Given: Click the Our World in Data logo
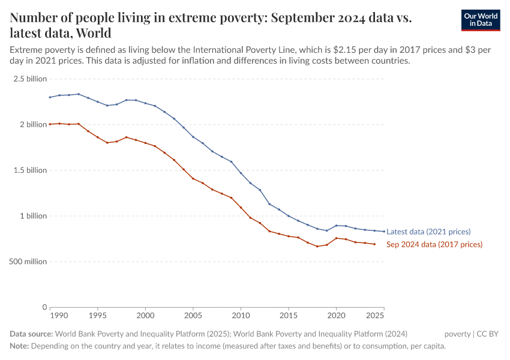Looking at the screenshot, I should [x=480, y=20].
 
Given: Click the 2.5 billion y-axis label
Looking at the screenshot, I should [x=29, y=79].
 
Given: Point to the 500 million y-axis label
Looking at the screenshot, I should [x=28, y=262].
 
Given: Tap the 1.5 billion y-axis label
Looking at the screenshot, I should [x=29, y=170].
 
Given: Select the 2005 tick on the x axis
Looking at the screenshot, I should [x=193, y=315].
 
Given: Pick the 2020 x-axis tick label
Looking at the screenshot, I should [x=336, y=315].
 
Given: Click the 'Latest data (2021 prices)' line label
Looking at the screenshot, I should [x=428, y=232].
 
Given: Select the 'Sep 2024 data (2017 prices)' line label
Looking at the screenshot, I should [x=434, y=244].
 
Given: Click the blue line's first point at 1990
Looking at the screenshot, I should [x=50, y=97].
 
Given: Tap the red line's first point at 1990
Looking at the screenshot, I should [x=50, y=124].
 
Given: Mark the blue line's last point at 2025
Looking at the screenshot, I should [x=384, y=232].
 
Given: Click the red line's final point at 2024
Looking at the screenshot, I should [x=374, y=244].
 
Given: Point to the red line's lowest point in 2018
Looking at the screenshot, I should [x=317, y=247].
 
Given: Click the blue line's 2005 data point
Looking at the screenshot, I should [x=193, y=137].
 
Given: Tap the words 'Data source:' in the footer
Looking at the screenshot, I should [x=32, y=334].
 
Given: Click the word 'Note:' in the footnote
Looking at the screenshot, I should [x=19, y=346].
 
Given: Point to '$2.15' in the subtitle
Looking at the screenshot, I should [x=352, y=49].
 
